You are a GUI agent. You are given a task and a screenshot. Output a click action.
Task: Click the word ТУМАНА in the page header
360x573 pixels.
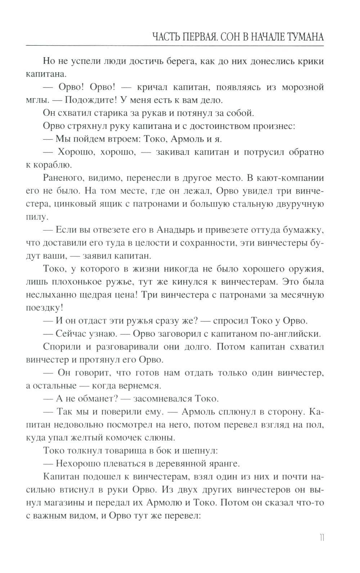(301, 37)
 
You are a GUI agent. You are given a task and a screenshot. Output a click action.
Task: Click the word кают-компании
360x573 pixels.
(282, 178)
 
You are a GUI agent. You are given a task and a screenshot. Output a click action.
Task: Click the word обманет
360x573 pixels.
(99, 399)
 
